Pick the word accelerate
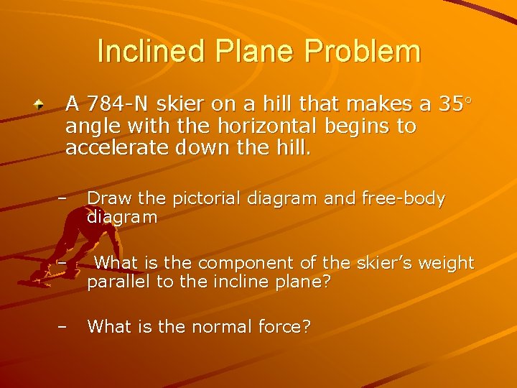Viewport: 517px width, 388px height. click(111, 149)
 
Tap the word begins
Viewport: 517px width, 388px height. click(386, 127)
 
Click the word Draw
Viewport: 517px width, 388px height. click(106, 199)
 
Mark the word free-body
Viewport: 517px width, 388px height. click(403, 199)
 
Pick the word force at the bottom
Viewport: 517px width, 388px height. click(286, 327)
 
